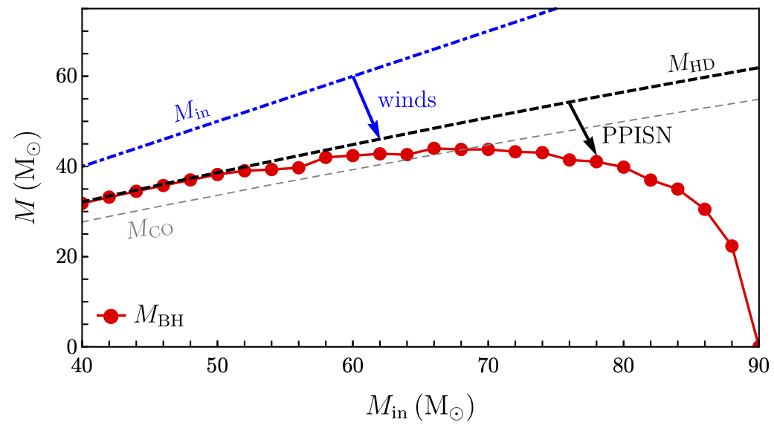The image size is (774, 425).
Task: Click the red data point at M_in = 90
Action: [x=758, y=345]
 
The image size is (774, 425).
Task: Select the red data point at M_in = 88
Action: [x=732, y=246]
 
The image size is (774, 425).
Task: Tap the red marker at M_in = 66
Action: [x=434, y=149]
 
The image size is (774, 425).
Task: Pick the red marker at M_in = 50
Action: [x=218, y=175]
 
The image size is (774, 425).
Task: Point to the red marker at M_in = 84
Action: [x=677, y=189]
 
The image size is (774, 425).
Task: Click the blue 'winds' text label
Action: [x=407, y=100]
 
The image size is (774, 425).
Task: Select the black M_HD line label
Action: [x=691, y=65]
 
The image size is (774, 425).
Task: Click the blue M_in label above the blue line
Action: [x=192, y=111]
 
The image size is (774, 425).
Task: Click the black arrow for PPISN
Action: [x=583, y=129]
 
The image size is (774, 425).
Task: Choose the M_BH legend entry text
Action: [x=158, y=317]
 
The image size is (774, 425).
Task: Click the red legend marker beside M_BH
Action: [x=112, y=316]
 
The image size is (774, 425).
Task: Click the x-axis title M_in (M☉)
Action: [x=419, y=406]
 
